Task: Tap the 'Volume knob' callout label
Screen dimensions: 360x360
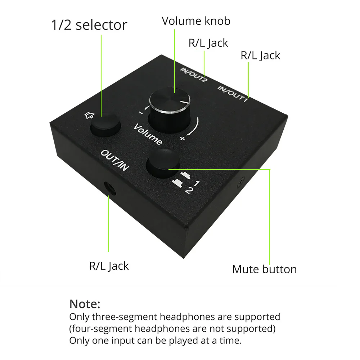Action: (x=196, y=21)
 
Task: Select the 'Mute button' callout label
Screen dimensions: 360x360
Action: (x=264, y=269)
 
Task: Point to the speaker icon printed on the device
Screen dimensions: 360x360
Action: (x=89, y=115)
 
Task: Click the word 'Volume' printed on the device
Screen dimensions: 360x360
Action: (x=148, y=134)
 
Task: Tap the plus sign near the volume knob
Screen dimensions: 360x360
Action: (x=183, y=138)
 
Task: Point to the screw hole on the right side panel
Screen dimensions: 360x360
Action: (x=240, y=183)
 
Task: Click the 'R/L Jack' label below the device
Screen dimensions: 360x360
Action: (x=109, y=266)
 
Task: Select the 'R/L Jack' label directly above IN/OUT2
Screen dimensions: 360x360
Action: (x=208, y=43)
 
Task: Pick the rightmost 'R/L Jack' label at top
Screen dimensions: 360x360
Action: (x=260, y=55)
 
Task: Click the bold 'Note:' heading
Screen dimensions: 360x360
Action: (x=85, y=304)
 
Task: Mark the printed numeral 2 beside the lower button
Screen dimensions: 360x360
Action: (x=187, y=191)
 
